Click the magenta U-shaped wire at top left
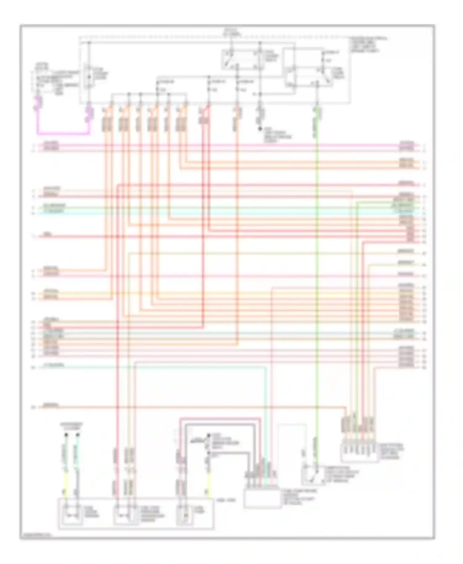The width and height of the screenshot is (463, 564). click(62, 134)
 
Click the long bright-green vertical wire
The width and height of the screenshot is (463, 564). click(317, 278)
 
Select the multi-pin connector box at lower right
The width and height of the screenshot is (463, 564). click(359, 453)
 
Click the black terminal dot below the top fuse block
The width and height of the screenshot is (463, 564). click(260, 129)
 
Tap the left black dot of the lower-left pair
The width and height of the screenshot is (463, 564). click(66, 435)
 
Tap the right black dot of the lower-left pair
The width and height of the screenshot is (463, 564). click(78, 435)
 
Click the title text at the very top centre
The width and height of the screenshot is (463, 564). click(229, 31)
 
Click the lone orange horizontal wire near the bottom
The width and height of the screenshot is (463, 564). click(191, 407)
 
